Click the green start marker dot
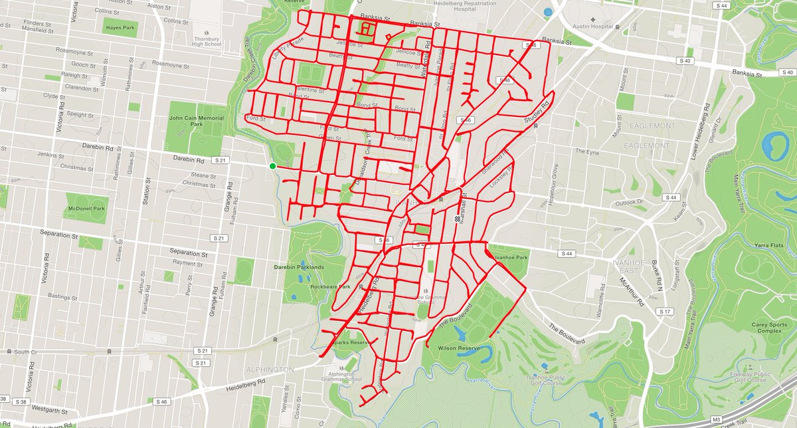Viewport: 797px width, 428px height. (272, 166)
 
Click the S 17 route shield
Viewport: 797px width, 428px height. (664, 311)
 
